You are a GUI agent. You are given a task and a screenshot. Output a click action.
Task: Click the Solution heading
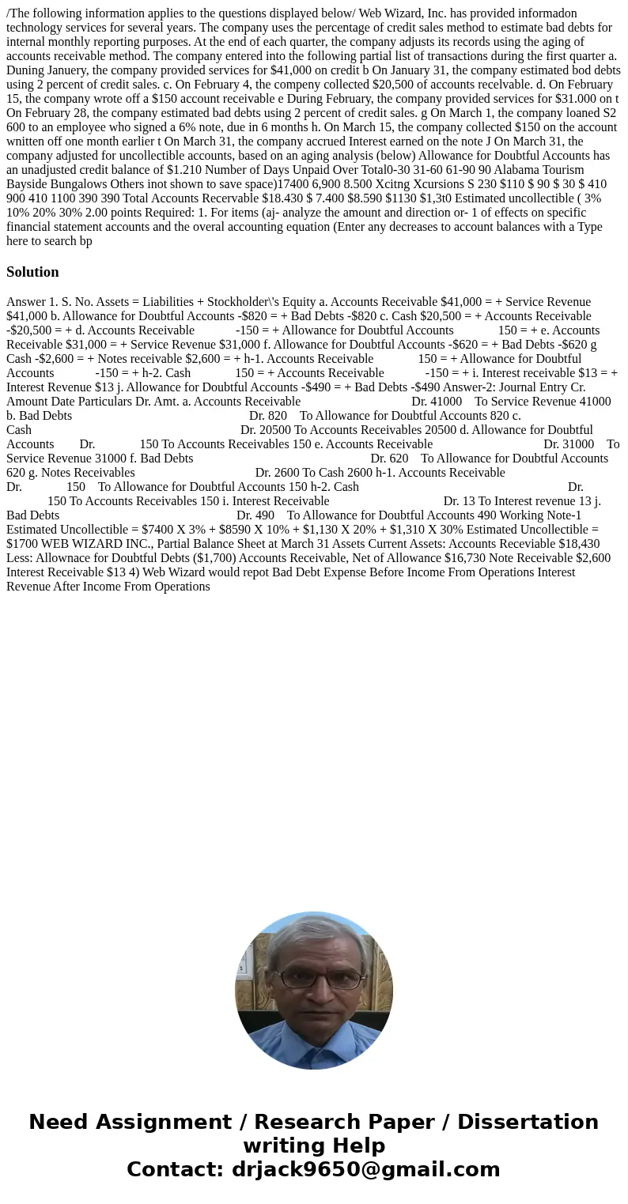[x=32, y=272]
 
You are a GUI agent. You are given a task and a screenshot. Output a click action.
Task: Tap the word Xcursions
[x=410, y=183]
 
